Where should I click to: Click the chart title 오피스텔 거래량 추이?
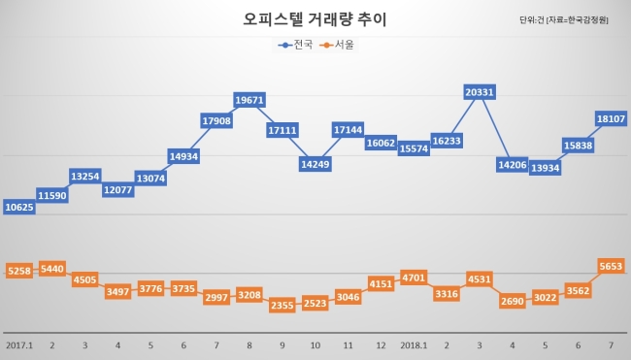click(x=315, y=19)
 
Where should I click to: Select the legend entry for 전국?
click(x=295, y=45)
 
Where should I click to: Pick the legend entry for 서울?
click(x=337, y=45)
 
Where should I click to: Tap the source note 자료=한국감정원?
click(x=577, y=20)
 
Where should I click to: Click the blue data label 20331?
click(x=480, y=92)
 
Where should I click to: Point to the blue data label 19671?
click(x=249, y=100)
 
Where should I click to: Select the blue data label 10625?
click(x=19, y=207)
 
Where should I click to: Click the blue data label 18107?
click(x=611, y=118)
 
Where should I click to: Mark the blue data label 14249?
click(x=315, y=164)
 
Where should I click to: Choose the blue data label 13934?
click(x=546, y=168)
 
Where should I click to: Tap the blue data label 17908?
click(x=216, y=120)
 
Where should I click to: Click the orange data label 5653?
click(x=611, y=266)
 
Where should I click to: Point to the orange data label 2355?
click(x=282, y=306)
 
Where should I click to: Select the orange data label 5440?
click(x=52, y=269)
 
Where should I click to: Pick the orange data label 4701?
click(x=414, y=278)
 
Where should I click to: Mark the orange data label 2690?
click(x=513, y=301)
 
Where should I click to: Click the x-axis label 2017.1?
click(x=19, y=345)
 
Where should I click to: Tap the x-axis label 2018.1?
click(x=414, y=345)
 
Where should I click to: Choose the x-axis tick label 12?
click(x=381, y=345)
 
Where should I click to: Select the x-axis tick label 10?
click(x=315, y=345)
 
